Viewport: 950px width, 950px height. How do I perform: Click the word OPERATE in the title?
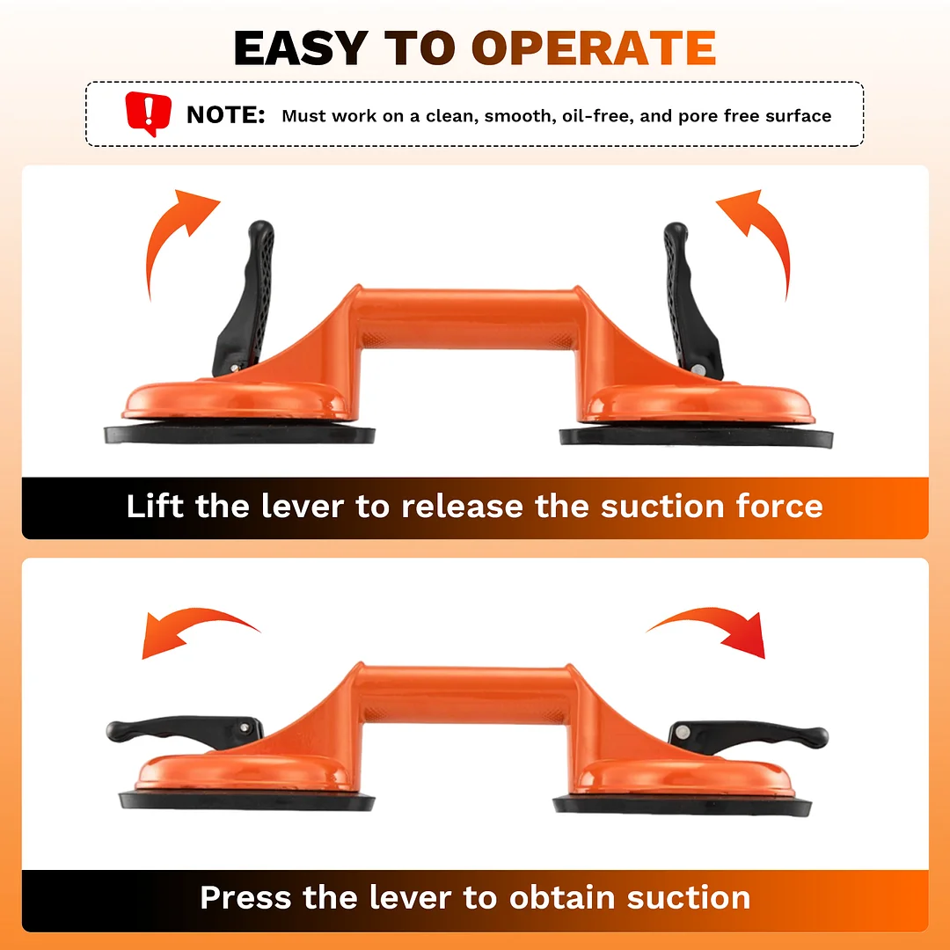(594, 47)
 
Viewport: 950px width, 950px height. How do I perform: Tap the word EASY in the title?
(301, 47)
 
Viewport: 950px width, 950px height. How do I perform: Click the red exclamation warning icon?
(149, 113)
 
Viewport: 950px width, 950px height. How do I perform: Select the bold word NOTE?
(225, 114)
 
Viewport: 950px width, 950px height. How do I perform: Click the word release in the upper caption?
(463, 507)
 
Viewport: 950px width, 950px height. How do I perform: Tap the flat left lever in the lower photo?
(185, 731)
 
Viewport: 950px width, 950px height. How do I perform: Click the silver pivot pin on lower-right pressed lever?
(683, 732)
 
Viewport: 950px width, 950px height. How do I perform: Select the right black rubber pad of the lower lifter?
(683, 806)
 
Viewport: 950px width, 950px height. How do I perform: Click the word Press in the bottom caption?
(246, 897)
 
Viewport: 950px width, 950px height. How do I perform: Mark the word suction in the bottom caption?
(689, 898)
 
